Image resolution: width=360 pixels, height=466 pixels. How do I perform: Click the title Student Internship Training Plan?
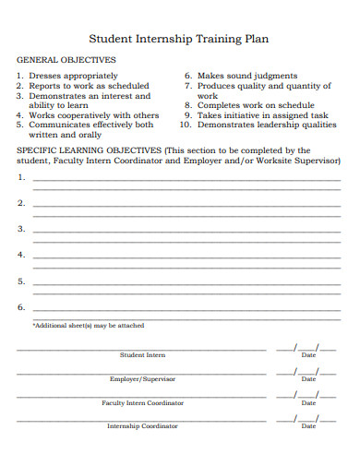tap(179, 40)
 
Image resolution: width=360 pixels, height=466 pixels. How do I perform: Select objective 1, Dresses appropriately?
tap(73, 76)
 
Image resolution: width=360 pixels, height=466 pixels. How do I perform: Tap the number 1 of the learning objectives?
tap(21, 177)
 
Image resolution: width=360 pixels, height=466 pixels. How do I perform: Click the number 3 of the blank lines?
tap(21, 229)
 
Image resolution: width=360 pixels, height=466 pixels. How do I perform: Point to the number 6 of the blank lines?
tap(21, 307)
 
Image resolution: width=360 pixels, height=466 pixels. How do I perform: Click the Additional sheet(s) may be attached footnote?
tap(88, 326)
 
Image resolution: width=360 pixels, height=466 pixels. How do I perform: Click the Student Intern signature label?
tap(142, 355)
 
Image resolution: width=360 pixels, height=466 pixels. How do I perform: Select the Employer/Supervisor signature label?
tap(142, 379)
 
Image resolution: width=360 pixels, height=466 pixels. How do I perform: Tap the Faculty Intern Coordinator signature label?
tap(142, 403)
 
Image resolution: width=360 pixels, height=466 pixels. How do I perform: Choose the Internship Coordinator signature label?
tap(142, 426)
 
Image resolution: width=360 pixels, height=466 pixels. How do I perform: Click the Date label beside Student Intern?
tap(308, 355)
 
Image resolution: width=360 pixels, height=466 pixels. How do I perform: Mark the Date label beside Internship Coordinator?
tap(308, 426)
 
